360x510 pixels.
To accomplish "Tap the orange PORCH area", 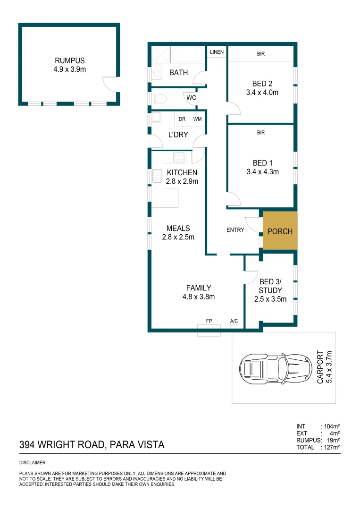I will [280, 231].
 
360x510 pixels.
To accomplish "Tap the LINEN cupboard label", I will [217, 52].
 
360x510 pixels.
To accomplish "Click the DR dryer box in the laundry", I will [182, 119].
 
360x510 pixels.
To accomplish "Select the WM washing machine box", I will [197, 119].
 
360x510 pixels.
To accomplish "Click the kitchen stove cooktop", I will [179, 157].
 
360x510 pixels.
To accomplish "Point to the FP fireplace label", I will [209, 321].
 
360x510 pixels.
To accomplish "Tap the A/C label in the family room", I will [234, 321].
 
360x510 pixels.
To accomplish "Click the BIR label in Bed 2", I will [261, 54].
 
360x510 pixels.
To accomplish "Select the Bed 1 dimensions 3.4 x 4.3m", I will [262, 172].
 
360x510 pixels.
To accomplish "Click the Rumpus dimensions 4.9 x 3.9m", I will [69, 69].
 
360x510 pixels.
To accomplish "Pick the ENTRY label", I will [235, 230].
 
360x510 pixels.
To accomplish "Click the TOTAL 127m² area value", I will [331, 447].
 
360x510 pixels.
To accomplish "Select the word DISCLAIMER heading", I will [33, 463].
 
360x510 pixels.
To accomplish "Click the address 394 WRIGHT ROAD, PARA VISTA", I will [92, 444].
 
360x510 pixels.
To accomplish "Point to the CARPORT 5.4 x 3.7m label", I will [324, 366].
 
